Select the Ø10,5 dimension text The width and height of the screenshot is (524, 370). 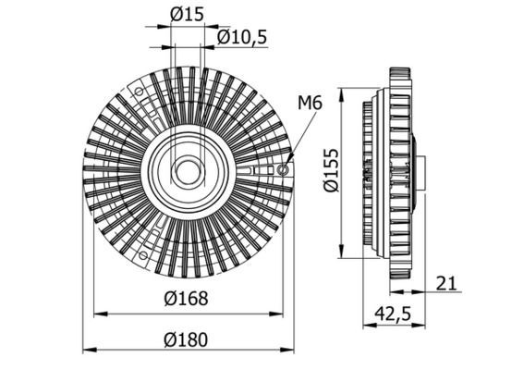click(242, 36)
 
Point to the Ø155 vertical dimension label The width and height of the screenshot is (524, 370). click(332, 172)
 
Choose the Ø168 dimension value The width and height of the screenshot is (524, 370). click(188, 299)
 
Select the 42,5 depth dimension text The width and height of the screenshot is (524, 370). click(391, 314)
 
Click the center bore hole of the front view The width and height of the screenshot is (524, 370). click(188, 172)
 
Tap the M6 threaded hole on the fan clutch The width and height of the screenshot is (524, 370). click(283, 169)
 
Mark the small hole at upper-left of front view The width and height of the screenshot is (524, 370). click(140, 92)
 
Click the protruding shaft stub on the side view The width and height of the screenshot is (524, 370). click(420, 172)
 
